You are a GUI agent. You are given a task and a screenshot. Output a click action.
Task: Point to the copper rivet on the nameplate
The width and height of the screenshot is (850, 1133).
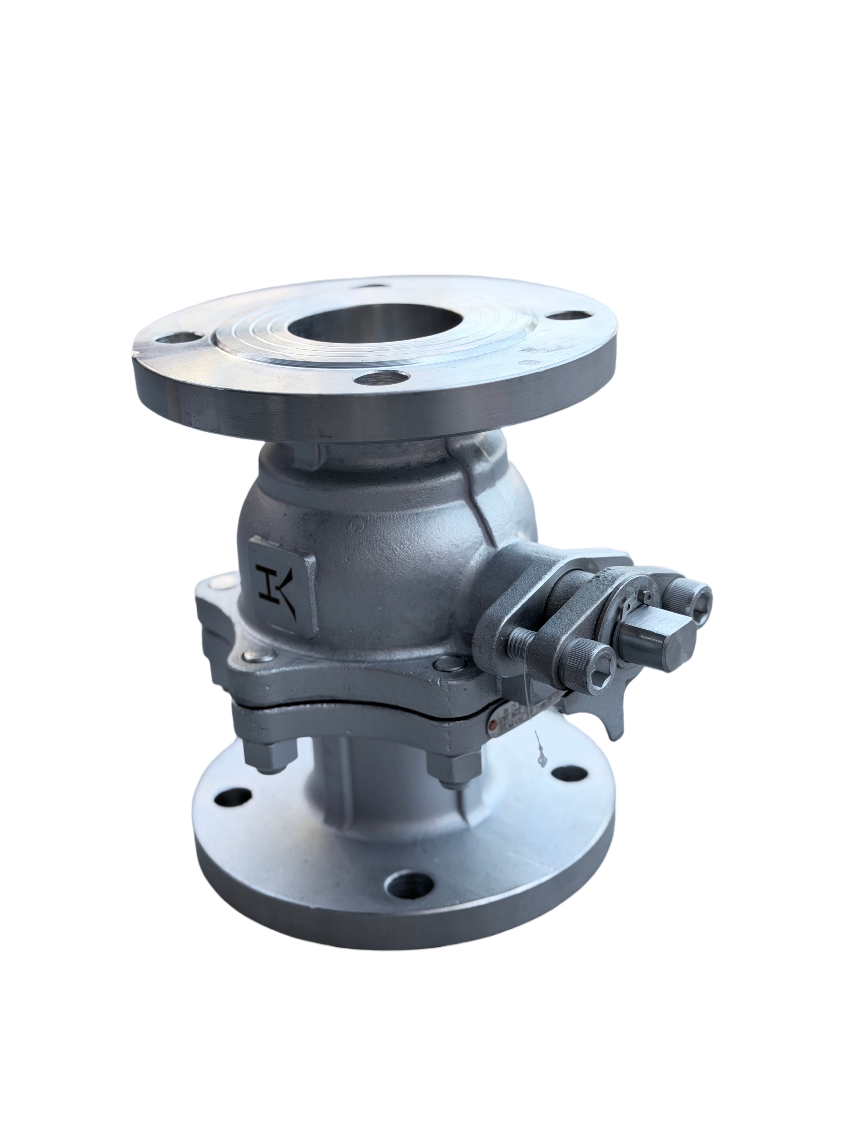pyautogui.click(x=493, y=724)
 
